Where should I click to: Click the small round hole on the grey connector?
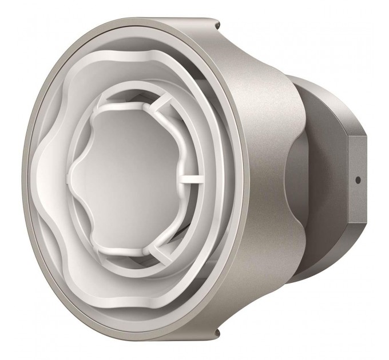point(358,179)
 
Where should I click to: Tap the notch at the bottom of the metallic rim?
point(218,333)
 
